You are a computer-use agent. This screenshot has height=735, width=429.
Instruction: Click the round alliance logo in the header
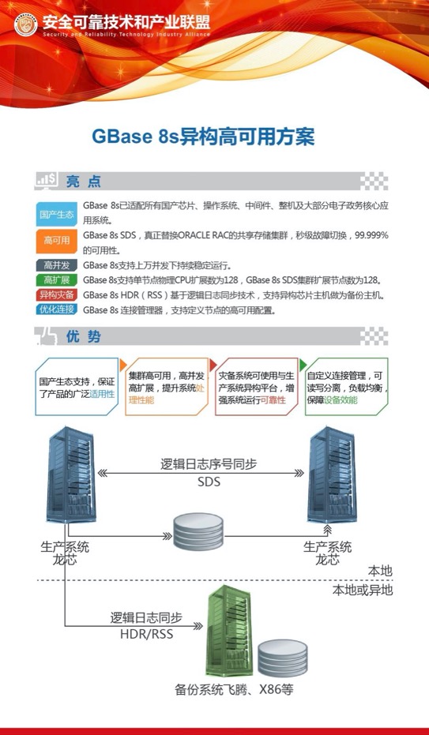point(26,24)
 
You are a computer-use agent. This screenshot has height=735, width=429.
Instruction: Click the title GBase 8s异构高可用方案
point(203,137)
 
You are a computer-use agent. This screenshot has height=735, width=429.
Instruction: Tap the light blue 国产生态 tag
point(56,214)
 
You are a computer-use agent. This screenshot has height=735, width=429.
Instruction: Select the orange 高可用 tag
point(56,241)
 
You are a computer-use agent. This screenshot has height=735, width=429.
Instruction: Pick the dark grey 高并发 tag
point(56,265)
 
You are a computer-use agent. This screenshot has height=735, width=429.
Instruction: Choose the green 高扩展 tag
point(56,280)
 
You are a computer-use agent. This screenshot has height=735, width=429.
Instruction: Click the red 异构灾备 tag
point(56,294)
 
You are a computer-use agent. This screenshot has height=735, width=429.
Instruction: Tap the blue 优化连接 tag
point(56,309)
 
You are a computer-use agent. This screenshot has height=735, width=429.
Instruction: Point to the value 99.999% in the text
point(371,235)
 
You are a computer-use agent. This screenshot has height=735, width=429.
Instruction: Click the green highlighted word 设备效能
point(341,399)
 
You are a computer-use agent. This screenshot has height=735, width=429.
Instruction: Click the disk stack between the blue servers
point(198,531)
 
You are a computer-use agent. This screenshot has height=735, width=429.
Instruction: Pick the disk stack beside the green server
point(283,658)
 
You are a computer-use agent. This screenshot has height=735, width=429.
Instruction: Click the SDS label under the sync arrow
point(209,482)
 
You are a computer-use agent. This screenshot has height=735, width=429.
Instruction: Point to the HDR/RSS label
point(146,634)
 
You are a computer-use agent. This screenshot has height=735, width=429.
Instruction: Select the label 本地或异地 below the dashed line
point(363,590)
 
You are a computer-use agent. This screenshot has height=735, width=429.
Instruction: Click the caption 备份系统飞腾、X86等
point(234,690)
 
